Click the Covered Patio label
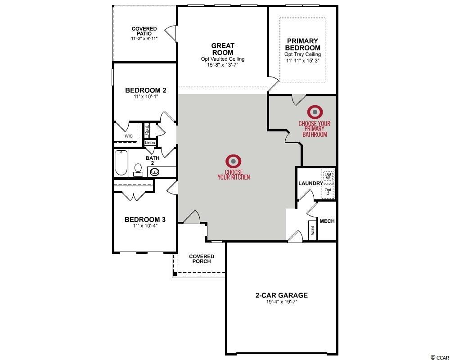point(144,31)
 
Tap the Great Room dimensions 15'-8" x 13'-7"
point(223,65)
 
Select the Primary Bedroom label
point(302,44)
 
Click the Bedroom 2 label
point(145,90)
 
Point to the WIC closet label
point(129,136)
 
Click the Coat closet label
point(147,130)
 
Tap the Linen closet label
point(150,143)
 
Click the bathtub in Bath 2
point(121,163)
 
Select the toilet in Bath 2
point(138,170)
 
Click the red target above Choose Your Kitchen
point(233,162)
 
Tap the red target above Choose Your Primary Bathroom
point(315,112)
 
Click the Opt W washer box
point(328,176)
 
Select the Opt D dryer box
point(328,192)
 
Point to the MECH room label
point(327,221)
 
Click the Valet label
point(313,230)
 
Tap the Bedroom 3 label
point(145,220)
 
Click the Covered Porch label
point(202,259)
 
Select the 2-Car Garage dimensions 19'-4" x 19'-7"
point(282,301)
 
